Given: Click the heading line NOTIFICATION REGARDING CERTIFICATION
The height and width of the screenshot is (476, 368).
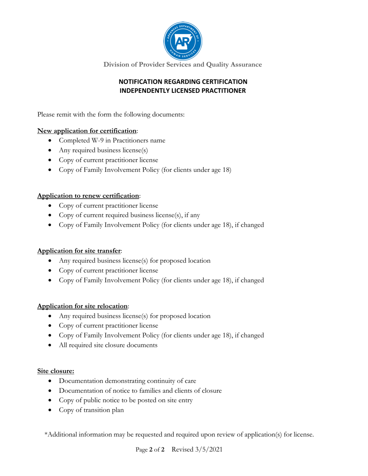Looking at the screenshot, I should [183, 82].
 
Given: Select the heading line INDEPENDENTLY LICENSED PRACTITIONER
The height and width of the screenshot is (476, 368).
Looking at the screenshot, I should [183, 91].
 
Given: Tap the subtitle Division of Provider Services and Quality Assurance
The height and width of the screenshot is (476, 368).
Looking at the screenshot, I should [182, 65].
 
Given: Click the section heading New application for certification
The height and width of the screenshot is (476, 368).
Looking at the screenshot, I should [87, 131].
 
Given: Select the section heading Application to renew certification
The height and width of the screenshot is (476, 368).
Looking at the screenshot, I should [88, 196].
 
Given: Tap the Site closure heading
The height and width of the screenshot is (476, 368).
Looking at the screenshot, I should [55, 371].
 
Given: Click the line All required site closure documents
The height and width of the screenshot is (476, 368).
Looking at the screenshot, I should [108, 346].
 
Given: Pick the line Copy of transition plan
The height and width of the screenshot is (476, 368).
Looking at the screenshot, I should [91, 411].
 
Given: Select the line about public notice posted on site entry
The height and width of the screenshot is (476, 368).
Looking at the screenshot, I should [126, 401].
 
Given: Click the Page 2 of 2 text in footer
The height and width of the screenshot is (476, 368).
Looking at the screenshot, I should [150, 450].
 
